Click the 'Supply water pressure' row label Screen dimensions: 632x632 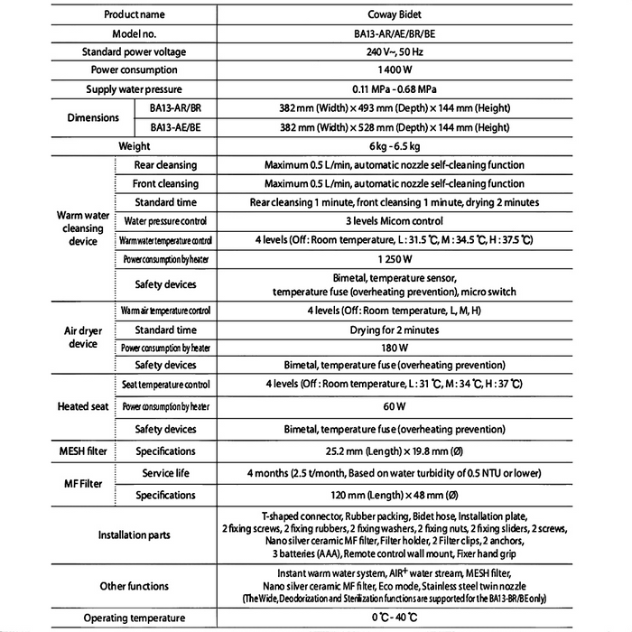134,89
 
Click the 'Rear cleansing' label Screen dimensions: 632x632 165,165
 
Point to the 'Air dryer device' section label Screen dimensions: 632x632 82,338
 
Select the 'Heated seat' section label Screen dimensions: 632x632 82,406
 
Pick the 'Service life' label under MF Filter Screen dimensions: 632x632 165,473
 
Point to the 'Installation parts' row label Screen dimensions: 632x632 134,535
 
